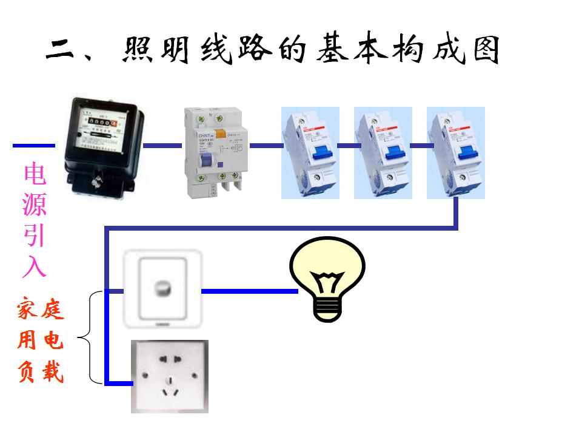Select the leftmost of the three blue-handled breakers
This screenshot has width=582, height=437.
[310, 153]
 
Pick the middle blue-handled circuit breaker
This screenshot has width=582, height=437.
[383, 153]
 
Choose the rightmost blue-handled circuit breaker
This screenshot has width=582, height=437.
[455, 153]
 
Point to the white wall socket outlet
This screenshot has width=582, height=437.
[170, 376]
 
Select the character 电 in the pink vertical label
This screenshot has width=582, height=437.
[35, 175]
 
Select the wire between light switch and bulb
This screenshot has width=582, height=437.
[249, 291]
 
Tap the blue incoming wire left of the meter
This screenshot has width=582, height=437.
[33, 146]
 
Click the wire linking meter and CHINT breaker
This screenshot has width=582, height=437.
[162, 146]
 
